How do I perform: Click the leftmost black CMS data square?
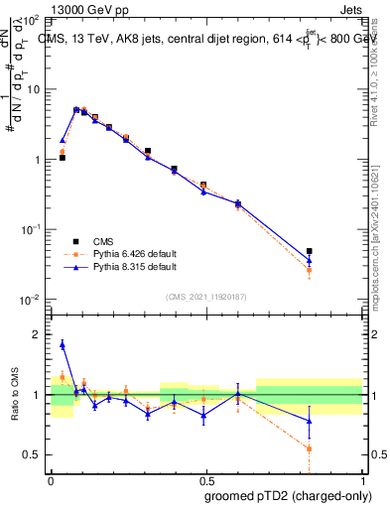63,157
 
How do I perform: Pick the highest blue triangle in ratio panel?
63,344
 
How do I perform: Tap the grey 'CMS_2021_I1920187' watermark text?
205,296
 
